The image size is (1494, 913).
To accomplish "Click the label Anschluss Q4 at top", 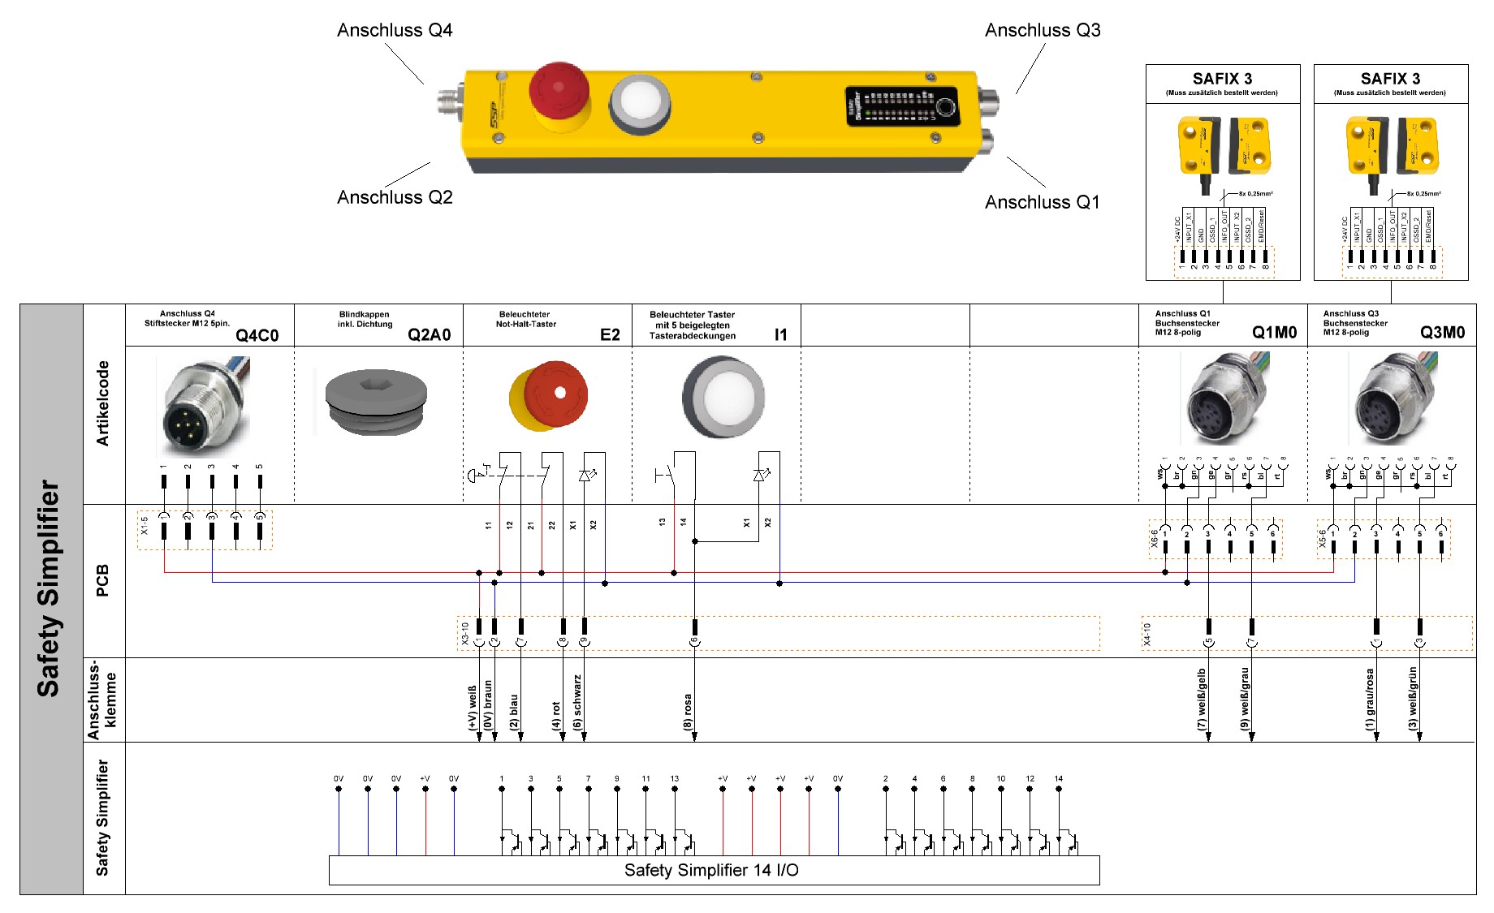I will coord(395,31).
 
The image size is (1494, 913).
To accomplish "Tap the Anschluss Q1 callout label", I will coord(1042,202).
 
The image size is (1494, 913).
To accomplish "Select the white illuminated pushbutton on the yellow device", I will coord(639,104).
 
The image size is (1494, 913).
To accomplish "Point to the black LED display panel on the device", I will coord(902,106).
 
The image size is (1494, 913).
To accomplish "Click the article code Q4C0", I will coord(257,335).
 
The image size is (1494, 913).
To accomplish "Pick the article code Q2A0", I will coord(429,335).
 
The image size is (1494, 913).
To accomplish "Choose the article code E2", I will coord(610,335).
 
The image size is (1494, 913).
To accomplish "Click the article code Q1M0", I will coord(1274,333).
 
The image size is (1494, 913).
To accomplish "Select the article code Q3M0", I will coord(1442,333).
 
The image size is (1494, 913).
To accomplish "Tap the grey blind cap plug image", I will coord(376,403).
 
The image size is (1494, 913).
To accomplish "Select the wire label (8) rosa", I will coord(688,712).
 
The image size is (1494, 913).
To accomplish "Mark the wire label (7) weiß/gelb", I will coord(1202,699).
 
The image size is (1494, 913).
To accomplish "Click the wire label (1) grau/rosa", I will coord(1370,699).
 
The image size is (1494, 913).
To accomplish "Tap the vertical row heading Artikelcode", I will coord(103,403).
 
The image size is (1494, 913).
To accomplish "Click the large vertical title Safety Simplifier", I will coord(49,588).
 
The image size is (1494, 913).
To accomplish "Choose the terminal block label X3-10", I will coord(465,633).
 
